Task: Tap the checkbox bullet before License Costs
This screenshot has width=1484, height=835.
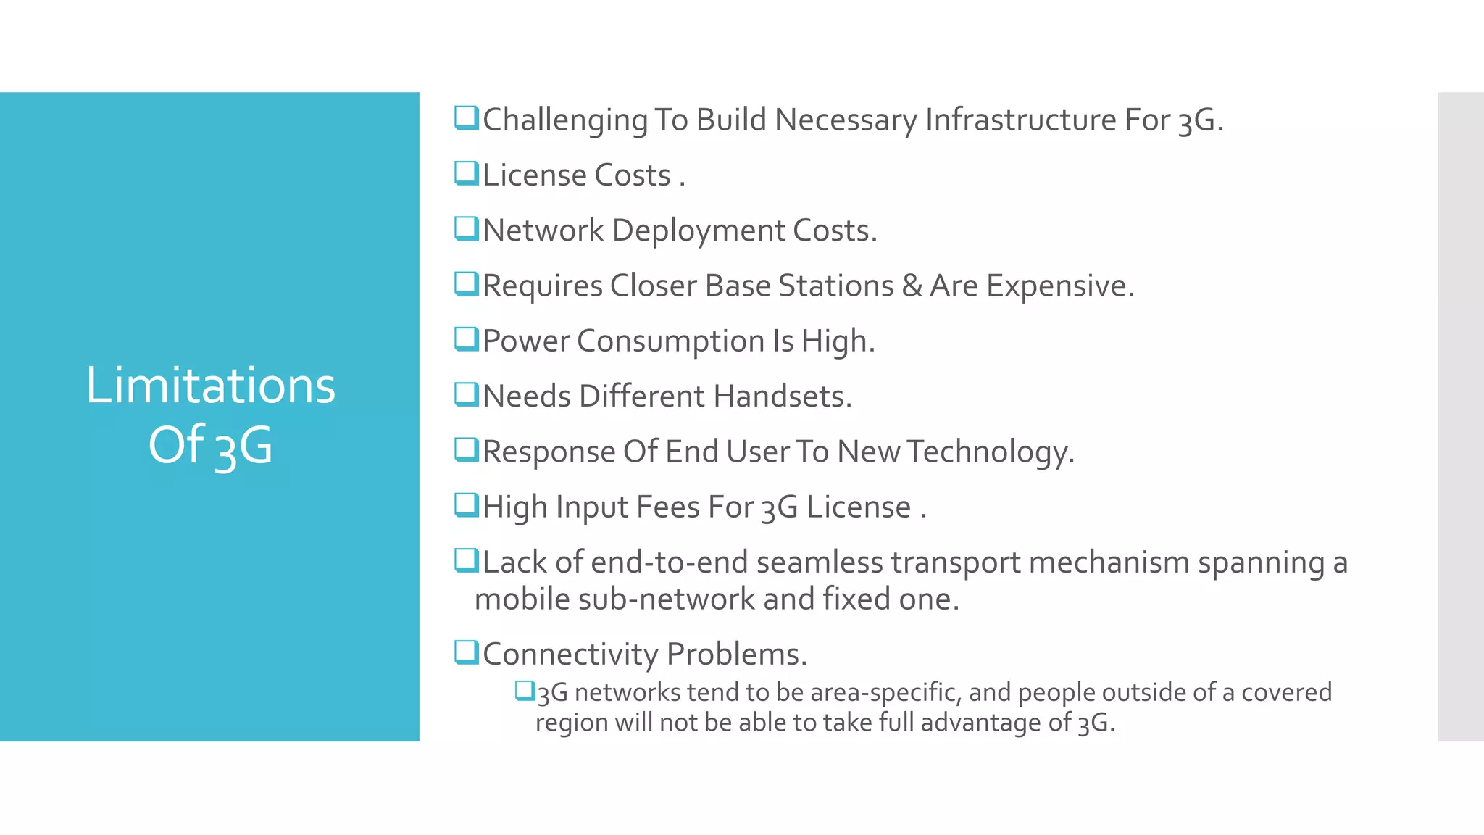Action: (x=466, y=174)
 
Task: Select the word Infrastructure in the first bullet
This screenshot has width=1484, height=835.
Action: (x=1020, y=120)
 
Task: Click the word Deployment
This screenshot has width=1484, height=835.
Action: (x=699, y=230)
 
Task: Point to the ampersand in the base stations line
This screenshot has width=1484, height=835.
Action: (x=912, y=286)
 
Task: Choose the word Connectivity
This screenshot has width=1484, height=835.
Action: (x=570, y=654)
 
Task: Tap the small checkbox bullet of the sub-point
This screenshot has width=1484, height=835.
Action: (x=524, y=691)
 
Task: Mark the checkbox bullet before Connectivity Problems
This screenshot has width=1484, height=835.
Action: (x=466, y=652)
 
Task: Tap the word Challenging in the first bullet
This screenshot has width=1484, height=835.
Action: (x=565, y=120)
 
